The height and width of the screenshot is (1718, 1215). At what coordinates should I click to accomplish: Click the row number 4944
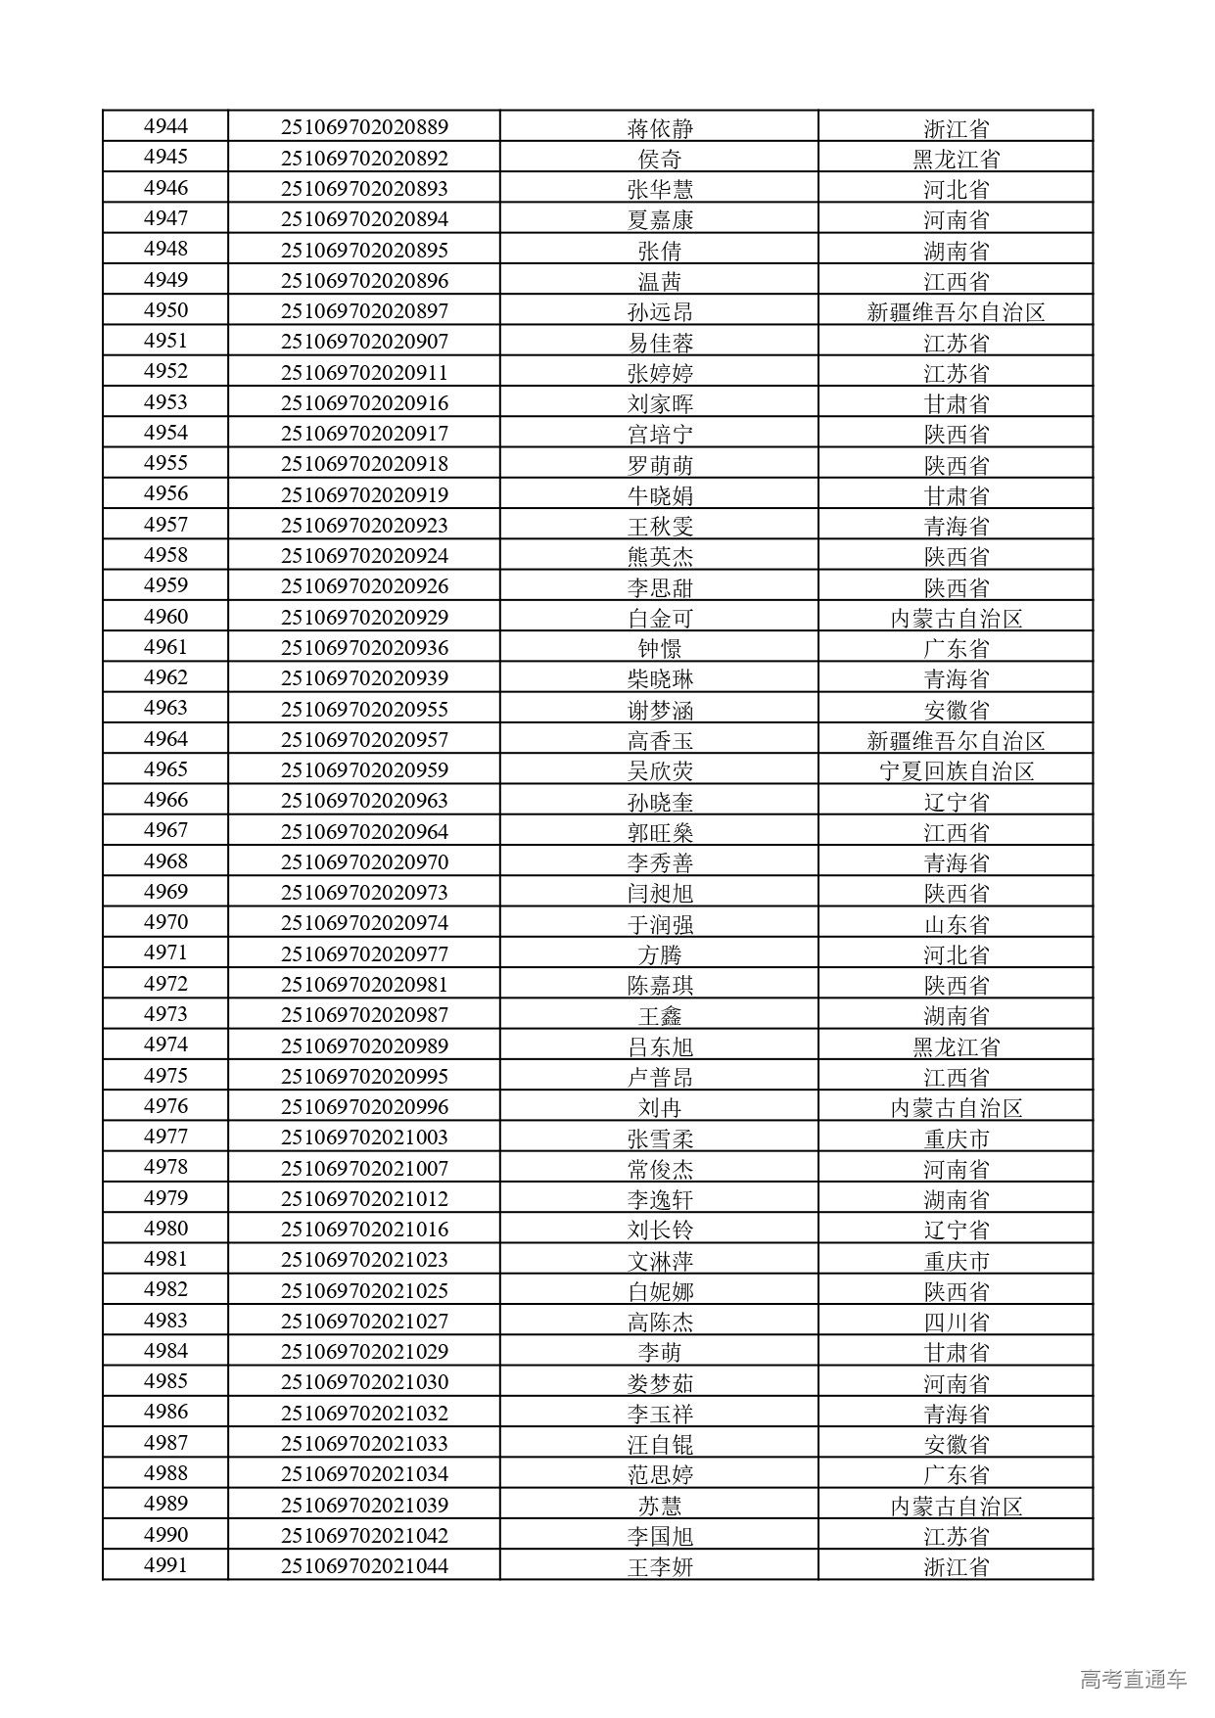point(165,126)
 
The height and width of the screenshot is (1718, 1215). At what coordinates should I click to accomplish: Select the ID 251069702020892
point(364,158)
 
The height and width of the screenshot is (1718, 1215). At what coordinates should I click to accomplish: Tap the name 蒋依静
point(660,128)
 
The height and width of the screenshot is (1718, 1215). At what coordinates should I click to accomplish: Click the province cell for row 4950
point(956,312)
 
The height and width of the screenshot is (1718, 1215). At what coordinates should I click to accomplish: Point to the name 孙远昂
point(660,312)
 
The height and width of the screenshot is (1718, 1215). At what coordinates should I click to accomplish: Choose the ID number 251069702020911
point(364,373)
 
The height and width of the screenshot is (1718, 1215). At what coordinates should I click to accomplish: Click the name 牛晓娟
point(660,495)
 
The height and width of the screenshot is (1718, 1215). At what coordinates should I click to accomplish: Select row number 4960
point(165,617)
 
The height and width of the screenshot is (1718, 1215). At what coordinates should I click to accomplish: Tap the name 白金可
point(660,619)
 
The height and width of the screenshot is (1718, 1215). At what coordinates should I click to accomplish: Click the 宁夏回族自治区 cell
point(956,771)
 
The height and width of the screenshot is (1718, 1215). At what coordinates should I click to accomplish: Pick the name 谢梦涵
point(660,710)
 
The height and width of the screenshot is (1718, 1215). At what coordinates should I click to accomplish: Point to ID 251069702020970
point(364,862)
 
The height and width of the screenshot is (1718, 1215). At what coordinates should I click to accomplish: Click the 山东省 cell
point(956,924)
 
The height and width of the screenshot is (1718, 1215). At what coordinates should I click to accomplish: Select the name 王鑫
point(660,1016)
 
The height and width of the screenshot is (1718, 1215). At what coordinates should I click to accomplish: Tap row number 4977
point(165,1137)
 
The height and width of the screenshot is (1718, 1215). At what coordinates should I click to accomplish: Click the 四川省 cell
point(956,1322)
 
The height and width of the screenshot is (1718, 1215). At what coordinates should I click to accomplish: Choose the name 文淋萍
point(660,1261)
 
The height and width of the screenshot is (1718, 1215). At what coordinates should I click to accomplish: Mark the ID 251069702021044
point(364,1565)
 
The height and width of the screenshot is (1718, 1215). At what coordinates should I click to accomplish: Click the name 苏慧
point(660,1506)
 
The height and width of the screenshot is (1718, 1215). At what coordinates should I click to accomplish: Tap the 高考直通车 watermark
point(1133,1679)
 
